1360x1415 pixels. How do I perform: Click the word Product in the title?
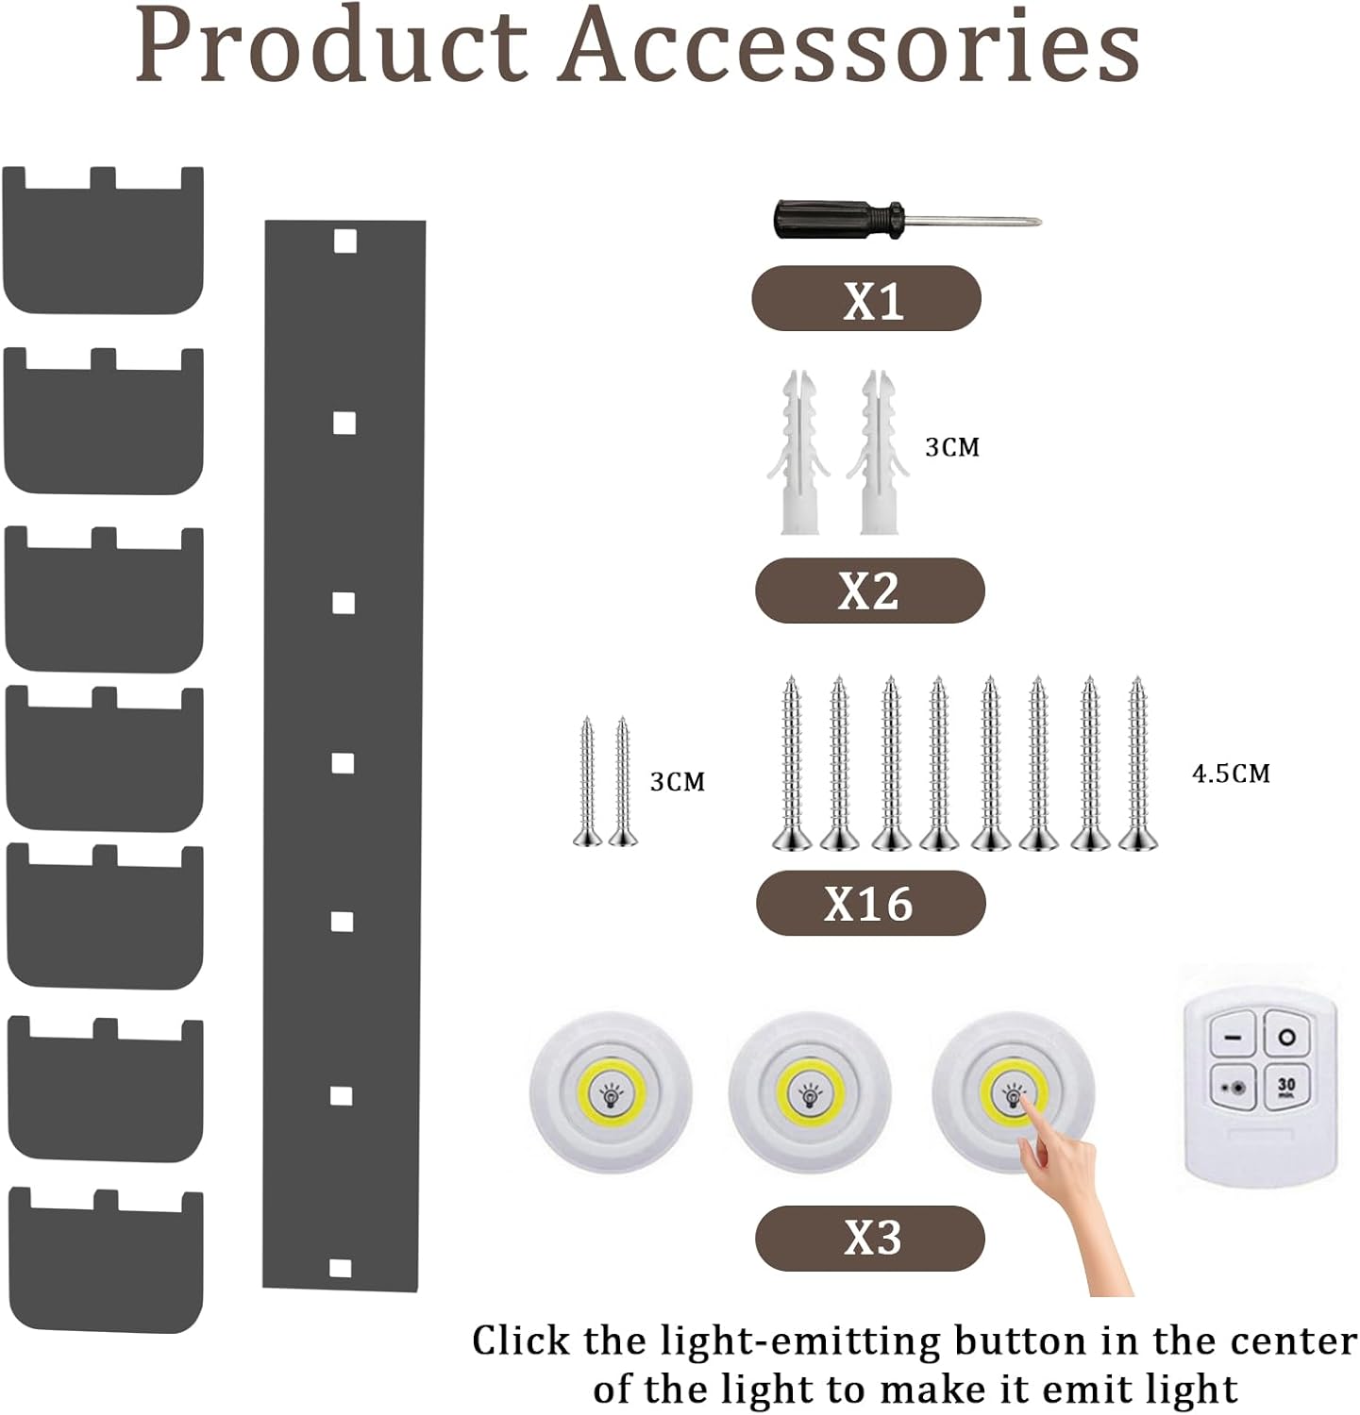(x=331, y=45)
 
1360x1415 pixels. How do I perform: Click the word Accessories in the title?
(x=848, y=45)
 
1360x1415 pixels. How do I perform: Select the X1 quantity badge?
(x=866, y=298)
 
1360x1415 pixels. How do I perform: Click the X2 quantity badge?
(x=869, y=590)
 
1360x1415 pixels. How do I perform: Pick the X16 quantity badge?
(x=870, y=903)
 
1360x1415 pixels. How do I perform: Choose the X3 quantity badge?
(x=870, y=1238)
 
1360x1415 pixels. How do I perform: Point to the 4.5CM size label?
(x=1231, y=774)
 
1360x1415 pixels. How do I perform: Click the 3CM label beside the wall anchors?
(x=951, y=447)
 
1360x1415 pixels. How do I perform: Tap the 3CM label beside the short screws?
(x=677, y=781)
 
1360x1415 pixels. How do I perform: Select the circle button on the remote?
(x=1287, y=1036)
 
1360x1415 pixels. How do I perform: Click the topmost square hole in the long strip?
(x=344, y=242)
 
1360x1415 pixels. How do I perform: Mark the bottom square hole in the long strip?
(x=343, y=1268)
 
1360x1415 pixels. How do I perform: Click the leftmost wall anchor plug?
(x=798, y=452)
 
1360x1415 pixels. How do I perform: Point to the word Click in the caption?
(x=521, y=1340)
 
